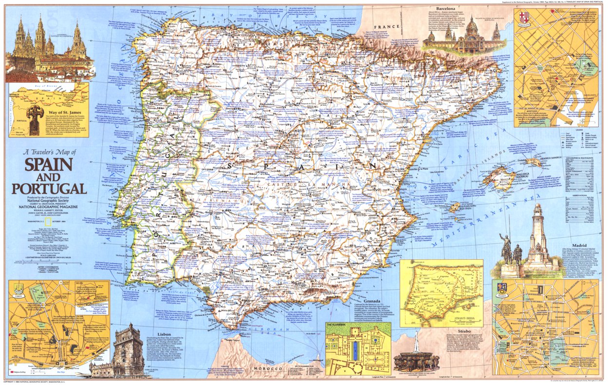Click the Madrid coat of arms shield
coord(502,288)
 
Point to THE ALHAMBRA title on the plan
coord(336,324)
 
